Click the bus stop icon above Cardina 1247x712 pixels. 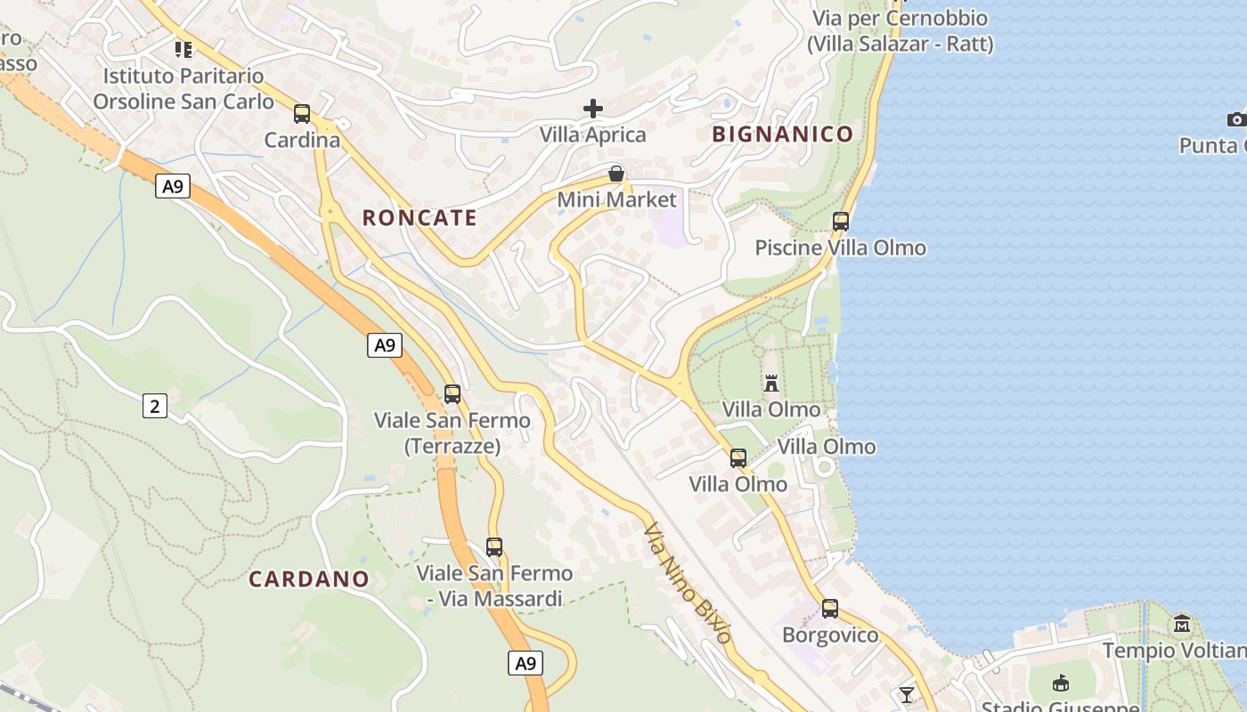pos(302,114)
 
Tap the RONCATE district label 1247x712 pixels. pos(420,218)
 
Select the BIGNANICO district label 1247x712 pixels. pos(783,134)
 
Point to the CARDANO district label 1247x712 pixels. pos(308,579)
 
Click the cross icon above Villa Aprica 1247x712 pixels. pos(593,109)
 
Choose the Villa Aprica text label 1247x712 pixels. pos(593,135)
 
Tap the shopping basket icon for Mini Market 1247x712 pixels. pos(615,174)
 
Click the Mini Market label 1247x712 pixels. pos(616,199)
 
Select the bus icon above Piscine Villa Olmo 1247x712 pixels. pos(841,222)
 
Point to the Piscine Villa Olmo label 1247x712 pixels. pos(841,247)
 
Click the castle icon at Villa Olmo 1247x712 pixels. pos(771,384)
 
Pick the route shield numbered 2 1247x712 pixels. pos(155,407)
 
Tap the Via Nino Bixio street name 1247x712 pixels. pos(687,583)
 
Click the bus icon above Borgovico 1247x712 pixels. pos(830,609)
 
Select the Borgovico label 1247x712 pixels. pos(830,635)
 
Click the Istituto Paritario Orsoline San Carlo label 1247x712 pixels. pos(183,88)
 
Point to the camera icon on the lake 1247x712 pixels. pos(1236,119)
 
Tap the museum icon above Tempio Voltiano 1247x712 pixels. pos(1182,624)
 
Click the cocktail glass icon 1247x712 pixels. pos(907,694)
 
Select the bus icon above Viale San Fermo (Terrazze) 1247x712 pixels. pos(452,393)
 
